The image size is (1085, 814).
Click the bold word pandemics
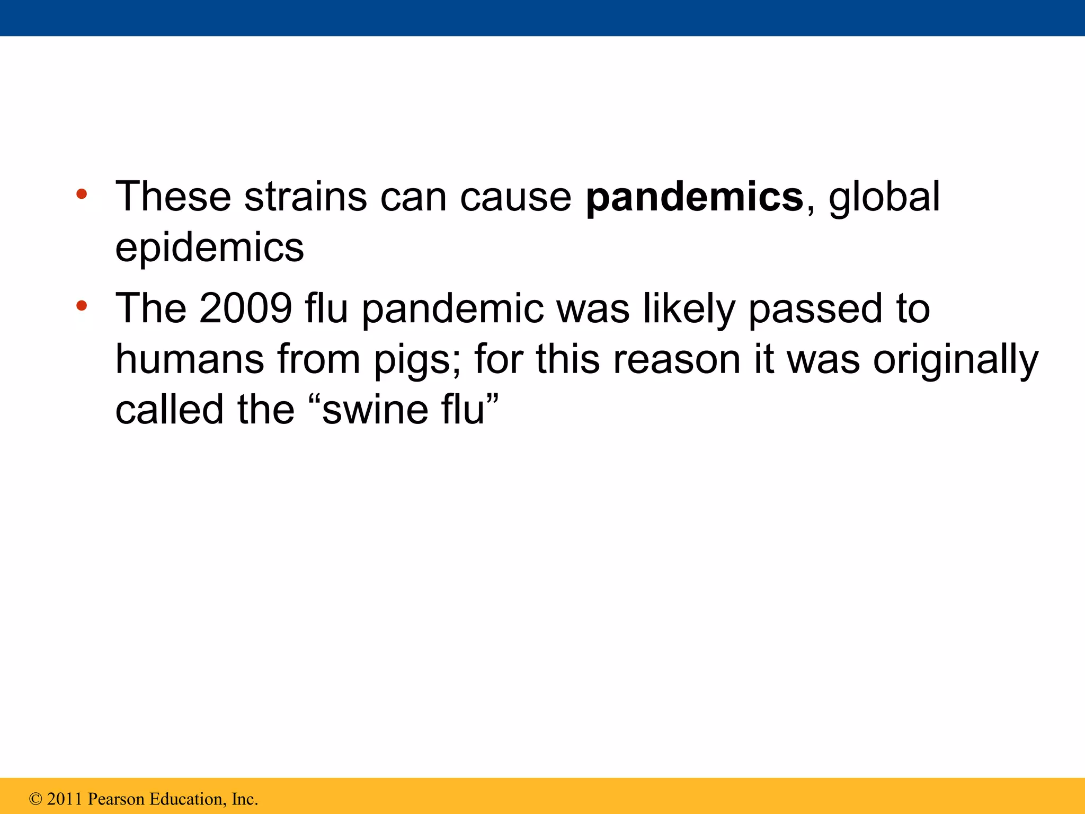[694, 197]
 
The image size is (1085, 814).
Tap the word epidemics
[210, 247]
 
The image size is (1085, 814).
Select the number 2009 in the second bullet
[246, 308]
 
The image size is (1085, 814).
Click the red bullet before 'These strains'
[82, 194]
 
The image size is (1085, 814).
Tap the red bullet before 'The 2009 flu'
[82, 306]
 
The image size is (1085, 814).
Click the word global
[884, 197]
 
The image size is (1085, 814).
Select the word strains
[305, 197]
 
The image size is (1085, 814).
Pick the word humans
[190, 359]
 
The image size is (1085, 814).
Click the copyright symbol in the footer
[35, 799]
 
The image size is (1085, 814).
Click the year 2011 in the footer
[65, 799]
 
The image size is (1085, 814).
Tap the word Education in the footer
[188, 799]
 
